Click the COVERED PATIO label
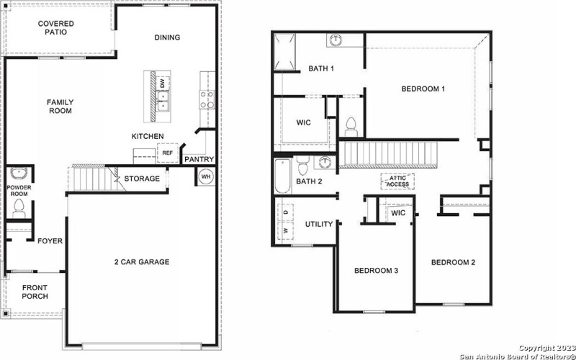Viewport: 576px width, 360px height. (56, 28)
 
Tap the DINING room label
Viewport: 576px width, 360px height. (167, 37)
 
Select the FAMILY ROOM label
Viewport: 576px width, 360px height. (60, 107)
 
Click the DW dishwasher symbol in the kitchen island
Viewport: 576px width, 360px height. (163, 84)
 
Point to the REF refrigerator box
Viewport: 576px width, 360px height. (167, 153)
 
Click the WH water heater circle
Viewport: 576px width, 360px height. (205, 176)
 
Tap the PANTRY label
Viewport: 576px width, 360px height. (198, 159)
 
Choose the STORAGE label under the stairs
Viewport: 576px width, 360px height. (142, 179)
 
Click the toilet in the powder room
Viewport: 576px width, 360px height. (19, 209)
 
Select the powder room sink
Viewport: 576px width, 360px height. (19, 174)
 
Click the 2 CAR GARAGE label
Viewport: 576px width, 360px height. (141, 261)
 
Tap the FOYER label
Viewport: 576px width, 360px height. (50, 241)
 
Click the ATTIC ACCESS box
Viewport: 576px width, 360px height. (398, 181)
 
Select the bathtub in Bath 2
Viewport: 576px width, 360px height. (282, 176)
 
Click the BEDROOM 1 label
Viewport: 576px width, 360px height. (423, 89)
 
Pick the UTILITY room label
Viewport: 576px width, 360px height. (319, 224)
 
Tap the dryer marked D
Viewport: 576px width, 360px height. (286, 213)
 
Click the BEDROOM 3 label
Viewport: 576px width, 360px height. (377, 271)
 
